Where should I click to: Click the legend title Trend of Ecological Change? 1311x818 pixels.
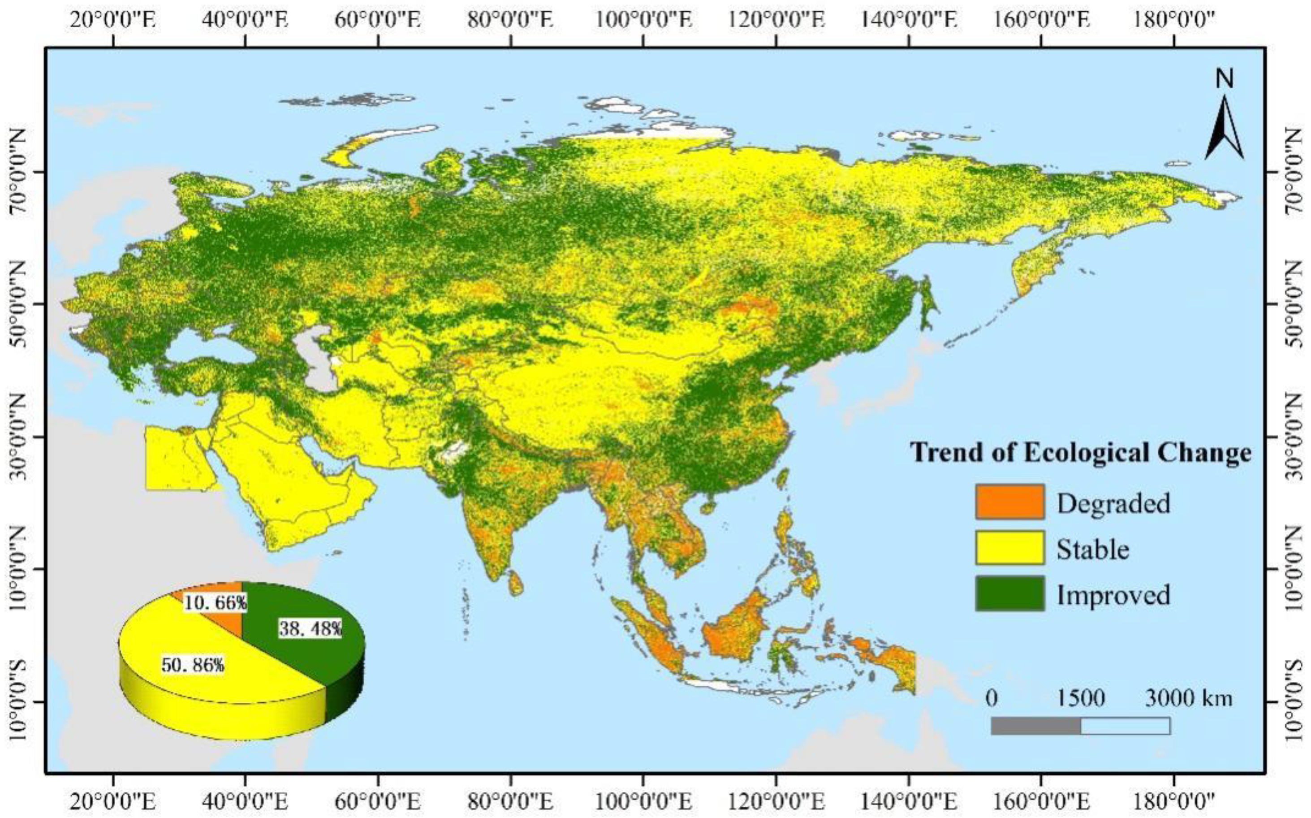(x=1081, y=452)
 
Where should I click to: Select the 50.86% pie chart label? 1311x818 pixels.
(x=193, y=665)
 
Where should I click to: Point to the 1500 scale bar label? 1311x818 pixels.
(x=1081, y=698)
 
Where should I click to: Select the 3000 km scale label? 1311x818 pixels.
(x=1188, y=698)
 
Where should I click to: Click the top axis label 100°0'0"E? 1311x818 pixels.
(x=643, y=21)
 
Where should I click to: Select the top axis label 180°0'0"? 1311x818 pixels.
(x=1173, y=21)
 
